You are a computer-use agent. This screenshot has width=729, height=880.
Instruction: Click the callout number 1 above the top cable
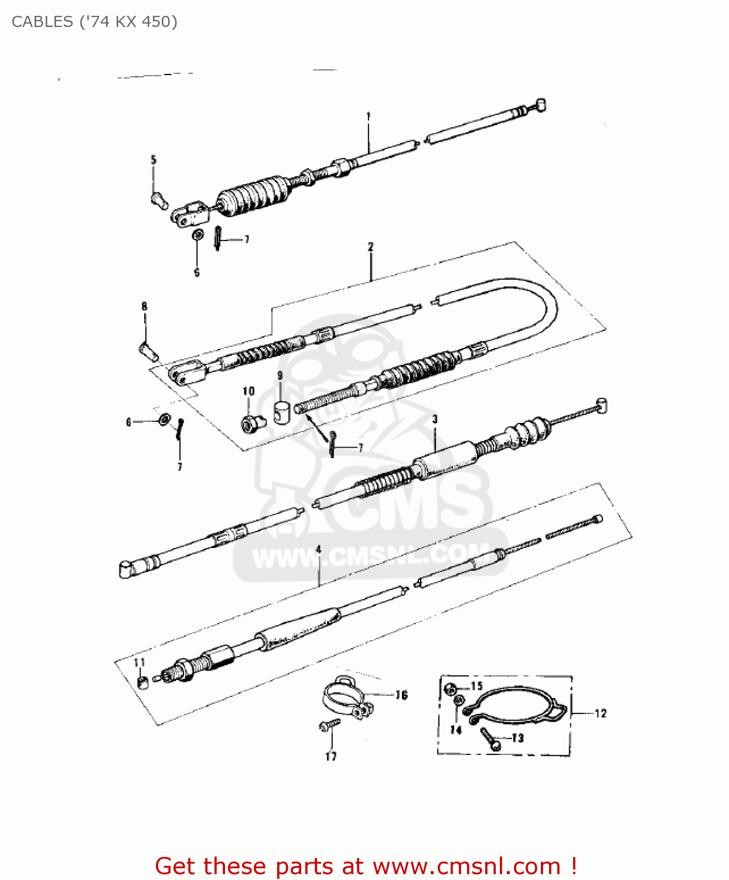click(369, 116)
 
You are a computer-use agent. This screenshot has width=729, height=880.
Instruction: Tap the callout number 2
click(370, 247)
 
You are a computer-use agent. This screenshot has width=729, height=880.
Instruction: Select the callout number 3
click(435, 419)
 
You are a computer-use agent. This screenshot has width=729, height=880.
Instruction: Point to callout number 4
click(318, 549)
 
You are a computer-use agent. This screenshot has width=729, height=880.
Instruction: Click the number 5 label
click(154, 160)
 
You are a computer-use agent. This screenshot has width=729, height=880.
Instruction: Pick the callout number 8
click(144, 306)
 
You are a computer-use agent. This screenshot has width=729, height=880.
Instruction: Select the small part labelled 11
click(142, 682)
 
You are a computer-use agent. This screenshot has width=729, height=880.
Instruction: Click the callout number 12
click(601, 713)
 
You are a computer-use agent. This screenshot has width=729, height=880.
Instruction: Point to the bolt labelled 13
click(489, 739)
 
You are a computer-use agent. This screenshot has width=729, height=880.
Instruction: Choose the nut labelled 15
click(451, 688)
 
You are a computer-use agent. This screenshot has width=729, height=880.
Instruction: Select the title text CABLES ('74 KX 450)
click(94, 22)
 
